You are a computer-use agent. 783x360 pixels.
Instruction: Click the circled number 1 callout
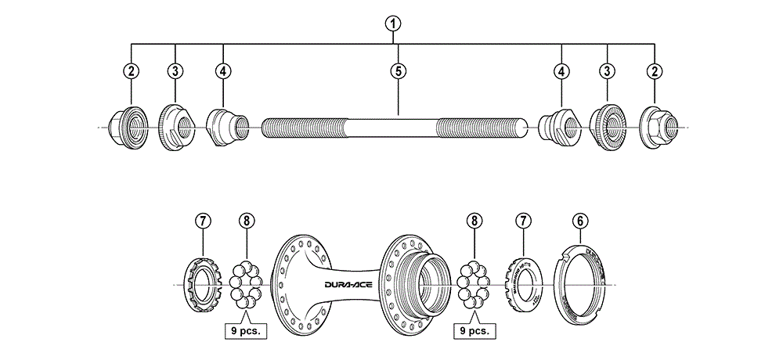click(391, 23)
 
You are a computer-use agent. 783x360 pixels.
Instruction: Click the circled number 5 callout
click(399, 70)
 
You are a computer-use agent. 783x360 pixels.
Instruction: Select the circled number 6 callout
click(580, 221)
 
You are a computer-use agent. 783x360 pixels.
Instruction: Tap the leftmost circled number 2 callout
click(131, 70)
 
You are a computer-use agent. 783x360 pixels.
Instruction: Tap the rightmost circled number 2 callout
click(653, 70)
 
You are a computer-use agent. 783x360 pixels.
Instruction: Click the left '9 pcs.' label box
click(245, 330)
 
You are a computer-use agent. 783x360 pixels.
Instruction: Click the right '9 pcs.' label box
click(474, 330)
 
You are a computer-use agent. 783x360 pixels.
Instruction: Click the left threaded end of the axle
click(301, 127)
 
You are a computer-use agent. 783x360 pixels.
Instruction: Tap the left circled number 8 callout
click(247, 221)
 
